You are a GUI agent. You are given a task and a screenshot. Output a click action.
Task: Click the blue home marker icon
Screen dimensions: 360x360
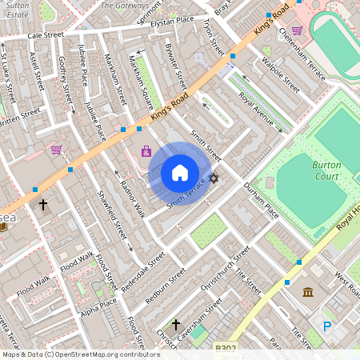pos(180,173)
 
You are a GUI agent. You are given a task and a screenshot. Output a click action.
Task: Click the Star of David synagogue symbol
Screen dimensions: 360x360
pos(214,178)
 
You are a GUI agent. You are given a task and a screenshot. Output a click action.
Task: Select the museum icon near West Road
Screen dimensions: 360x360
pos(308,292)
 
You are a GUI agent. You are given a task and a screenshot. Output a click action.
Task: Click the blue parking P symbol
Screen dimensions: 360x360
pos(326,326)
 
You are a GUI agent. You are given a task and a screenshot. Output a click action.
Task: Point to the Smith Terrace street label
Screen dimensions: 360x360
pos(186,194)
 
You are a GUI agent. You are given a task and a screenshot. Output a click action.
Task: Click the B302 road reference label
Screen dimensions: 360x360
pos(226,348)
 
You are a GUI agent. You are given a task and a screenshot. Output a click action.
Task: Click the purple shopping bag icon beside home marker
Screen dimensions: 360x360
pos(146,150)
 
